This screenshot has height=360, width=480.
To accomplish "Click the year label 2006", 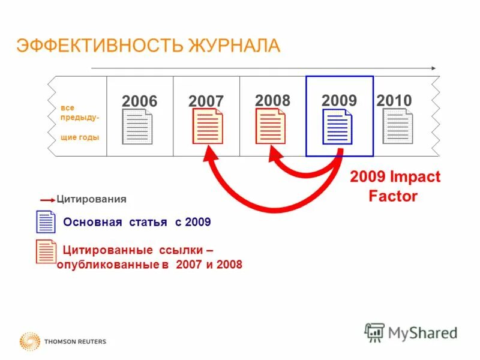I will click(x=139, y=101).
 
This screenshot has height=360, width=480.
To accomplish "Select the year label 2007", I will click(x=206, y=101).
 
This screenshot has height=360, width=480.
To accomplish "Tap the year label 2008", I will click(x=272, y=100).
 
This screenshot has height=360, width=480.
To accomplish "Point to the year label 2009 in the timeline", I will click(x=339, y=100).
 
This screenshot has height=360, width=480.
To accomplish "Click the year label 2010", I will click(x=394, y=100).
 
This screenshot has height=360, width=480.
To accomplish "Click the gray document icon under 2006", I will click(x=137, y=127).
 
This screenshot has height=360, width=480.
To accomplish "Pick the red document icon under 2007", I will click(x=208, y=127).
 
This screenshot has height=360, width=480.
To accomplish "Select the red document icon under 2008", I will click(x=271, y=126).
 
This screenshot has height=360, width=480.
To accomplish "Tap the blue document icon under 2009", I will click(x=337, y=127).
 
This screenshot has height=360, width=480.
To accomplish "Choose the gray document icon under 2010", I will click(x=398, y=127).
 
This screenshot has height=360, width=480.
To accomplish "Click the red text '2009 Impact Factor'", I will click(x=395, y=187).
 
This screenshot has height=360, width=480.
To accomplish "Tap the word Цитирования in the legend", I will click(x=91, y=199).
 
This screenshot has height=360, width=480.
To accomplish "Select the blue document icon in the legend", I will click(x=45, y=222).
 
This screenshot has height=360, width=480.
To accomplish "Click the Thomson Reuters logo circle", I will click(x=29, y=341).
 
